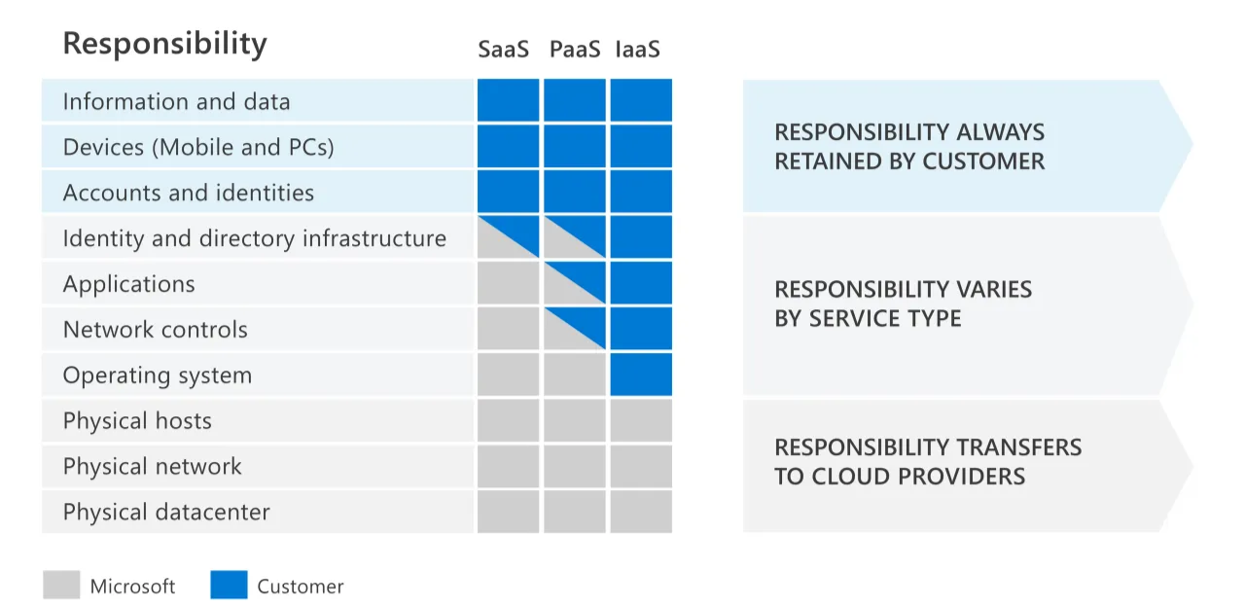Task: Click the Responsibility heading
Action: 164,44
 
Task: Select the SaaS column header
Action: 503,49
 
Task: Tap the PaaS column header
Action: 575,49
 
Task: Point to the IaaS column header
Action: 638,49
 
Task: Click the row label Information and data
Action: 176,101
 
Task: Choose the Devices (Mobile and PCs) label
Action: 198,147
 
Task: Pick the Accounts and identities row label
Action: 189,193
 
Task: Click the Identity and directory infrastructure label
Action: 255,238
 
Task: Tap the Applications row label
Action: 129,284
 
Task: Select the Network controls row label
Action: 156,330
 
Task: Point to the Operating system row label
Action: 158,375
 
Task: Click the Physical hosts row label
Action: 137,421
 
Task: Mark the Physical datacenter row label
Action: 166,513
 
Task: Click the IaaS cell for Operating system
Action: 641,375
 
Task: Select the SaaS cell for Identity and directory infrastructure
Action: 508,237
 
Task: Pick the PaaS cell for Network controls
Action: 574,329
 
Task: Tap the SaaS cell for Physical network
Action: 508,466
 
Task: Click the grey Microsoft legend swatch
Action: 61,585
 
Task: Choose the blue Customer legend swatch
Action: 229,585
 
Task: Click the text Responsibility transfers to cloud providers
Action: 928,462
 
